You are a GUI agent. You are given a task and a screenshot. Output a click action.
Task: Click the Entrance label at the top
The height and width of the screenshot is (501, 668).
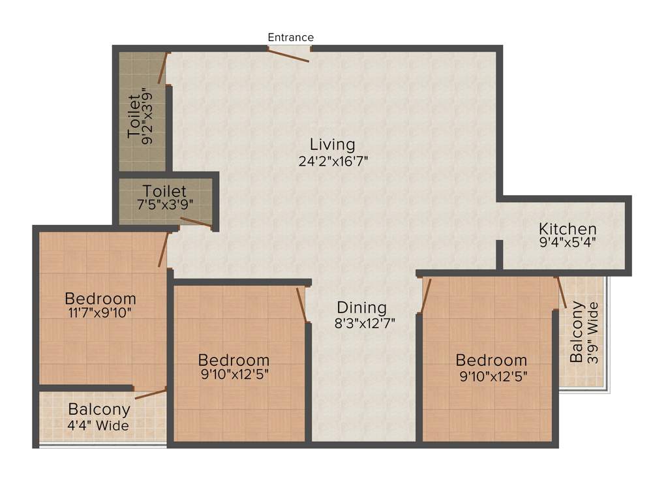(290, 37)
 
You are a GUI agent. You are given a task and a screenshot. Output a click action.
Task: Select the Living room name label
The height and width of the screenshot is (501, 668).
(332, 144)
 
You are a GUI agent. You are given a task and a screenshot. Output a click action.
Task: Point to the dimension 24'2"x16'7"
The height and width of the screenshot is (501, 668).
(333, 161)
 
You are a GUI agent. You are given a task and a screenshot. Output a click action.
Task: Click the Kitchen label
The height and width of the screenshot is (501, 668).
(568, 229)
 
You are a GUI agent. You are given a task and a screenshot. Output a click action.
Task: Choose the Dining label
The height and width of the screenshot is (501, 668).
(361, 307)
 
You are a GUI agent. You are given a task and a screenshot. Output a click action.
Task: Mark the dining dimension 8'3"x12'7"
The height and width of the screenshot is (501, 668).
(364, 322)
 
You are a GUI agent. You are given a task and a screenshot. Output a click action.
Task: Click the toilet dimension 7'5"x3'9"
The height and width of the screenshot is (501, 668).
(164, 204)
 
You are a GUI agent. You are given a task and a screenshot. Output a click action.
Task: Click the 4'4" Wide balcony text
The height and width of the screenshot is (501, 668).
(99, 426)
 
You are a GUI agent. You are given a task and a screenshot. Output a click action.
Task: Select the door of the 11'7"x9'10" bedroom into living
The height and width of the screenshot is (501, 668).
(164, 249)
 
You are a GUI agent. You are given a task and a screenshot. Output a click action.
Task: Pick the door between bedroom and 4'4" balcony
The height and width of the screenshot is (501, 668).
(151, 393)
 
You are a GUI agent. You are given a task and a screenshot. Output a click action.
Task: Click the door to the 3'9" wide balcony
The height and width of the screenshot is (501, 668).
(561, 292)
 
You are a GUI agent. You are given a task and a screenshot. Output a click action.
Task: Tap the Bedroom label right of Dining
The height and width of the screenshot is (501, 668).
(491, 360)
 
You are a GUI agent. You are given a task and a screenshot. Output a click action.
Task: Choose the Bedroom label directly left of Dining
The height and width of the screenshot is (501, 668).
(234, 360)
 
